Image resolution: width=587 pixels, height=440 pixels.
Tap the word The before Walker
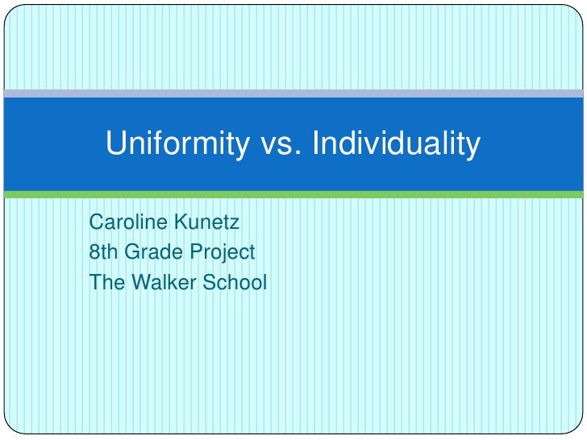point(104,284)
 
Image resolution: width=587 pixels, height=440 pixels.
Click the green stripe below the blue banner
point(293,194)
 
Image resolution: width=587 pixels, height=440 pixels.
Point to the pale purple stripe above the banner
point(293,93)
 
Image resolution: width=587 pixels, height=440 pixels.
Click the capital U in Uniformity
point(115,145)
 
